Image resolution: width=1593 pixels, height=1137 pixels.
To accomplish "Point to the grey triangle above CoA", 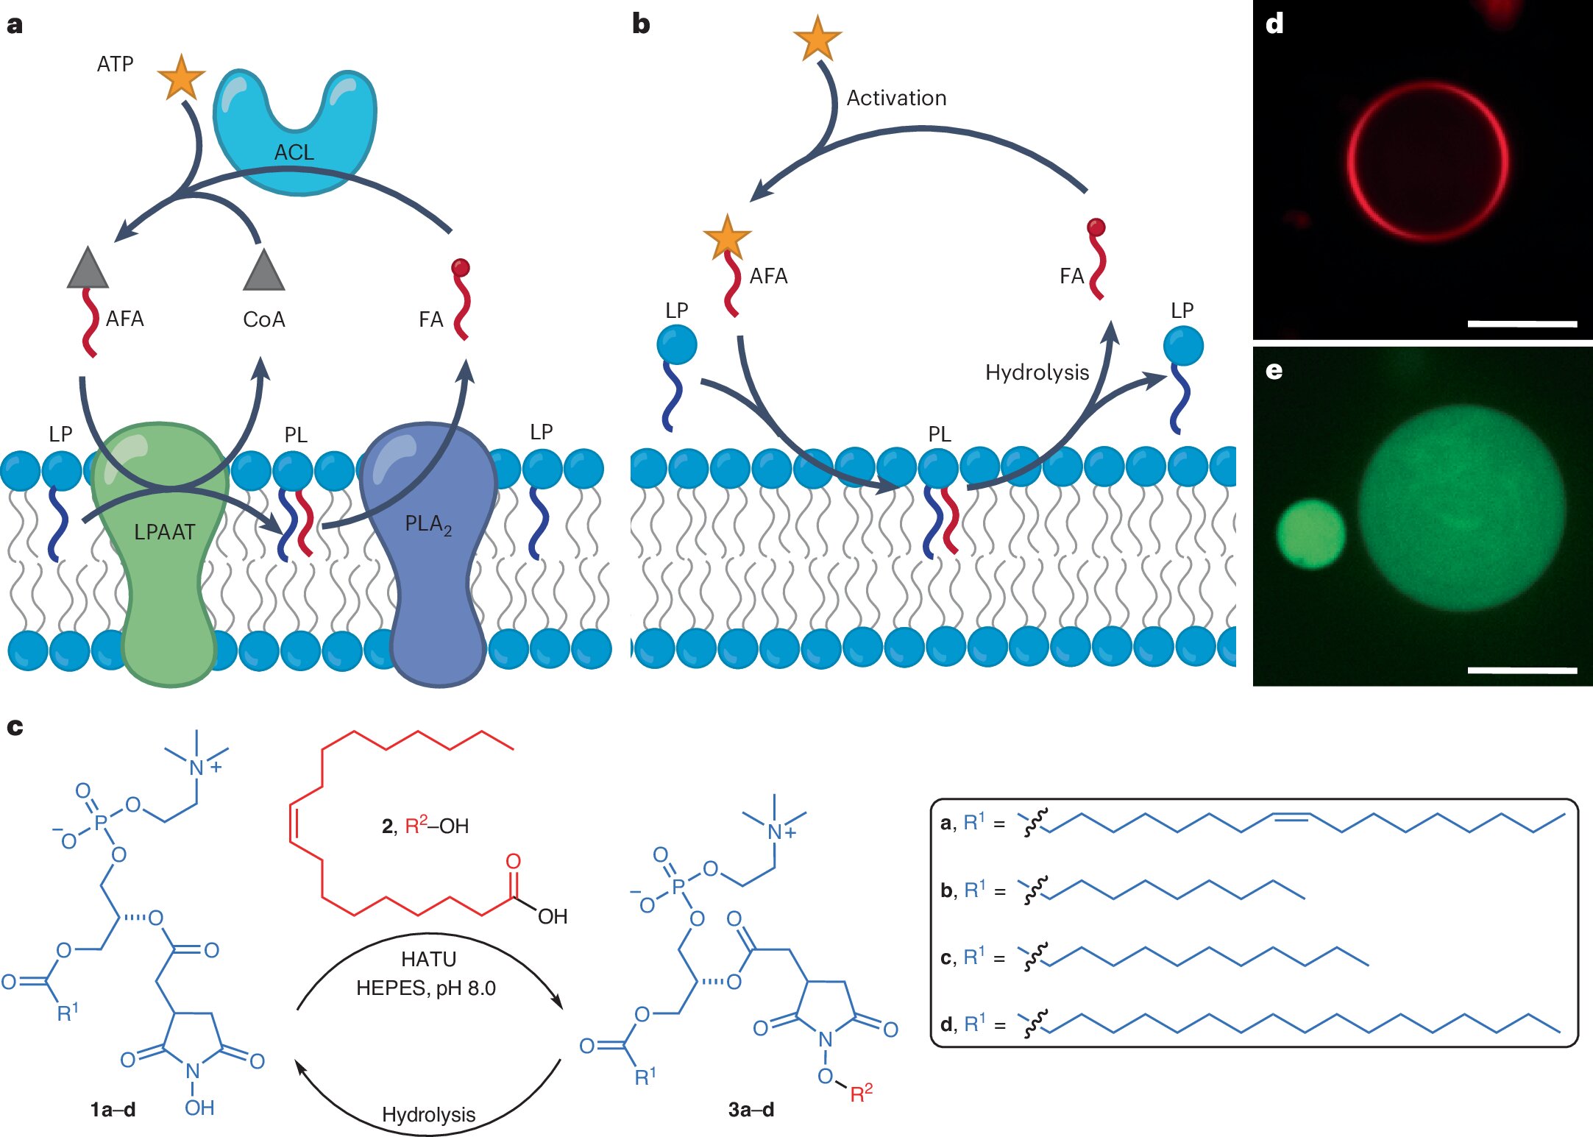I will tap(263, 271).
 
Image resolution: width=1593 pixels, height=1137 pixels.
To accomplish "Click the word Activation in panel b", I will tap(896, 98).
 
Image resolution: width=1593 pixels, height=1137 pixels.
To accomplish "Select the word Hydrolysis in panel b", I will tap(1036, 372).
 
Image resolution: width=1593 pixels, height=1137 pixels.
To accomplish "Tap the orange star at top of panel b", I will tap(817, 38).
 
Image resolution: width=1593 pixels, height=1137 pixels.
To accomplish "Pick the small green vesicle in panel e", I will tap(1310, 534).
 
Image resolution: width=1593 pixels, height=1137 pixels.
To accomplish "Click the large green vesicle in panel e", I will tap(1461, 508).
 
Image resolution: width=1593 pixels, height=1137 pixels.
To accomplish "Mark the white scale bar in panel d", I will tap(1522, 324).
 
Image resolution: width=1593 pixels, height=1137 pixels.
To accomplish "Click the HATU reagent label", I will tap(428, 959).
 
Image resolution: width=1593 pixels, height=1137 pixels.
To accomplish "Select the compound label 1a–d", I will tap(113, 1110).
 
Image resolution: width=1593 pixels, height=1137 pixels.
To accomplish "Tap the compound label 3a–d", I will tap(751, 1110).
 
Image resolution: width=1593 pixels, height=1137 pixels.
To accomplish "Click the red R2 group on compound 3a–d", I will tap(861, 1093).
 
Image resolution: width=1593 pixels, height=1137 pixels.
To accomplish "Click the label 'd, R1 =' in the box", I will tap(972, 1024).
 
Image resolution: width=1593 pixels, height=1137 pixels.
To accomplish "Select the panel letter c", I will tap(15, 727).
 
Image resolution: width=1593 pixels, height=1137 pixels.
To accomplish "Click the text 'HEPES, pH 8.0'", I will tap(426, 988).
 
